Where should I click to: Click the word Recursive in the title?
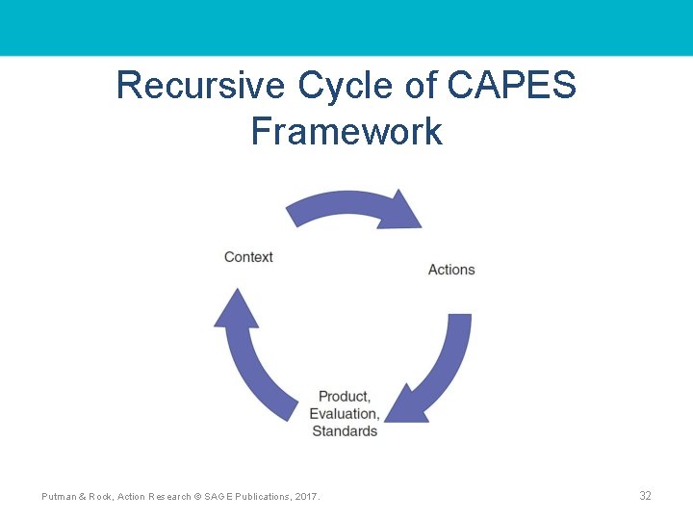tap(200, 86)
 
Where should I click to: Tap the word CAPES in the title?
tap(511, 86)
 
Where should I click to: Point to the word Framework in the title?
tap(346, 131)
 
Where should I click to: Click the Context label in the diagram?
tap(248, 257)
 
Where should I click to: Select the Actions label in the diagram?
tap(451, 269)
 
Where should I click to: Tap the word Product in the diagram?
tap(344, 396)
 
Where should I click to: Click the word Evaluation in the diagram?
tap(343, 413)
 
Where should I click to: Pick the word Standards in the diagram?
tap(345, 430)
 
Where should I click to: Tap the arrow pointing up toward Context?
tap(254, 356)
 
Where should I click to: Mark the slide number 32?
tap(645, 496)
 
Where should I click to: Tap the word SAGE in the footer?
tap(219, 496)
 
